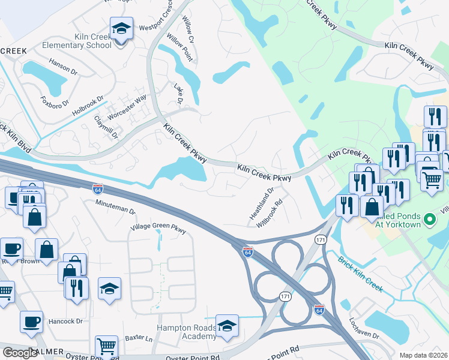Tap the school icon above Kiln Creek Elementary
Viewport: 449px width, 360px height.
(121, 28)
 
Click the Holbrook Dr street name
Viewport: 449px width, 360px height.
(88, 106)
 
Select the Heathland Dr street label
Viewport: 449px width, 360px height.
(262, 203)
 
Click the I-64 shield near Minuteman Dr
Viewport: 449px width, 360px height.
(97, 188)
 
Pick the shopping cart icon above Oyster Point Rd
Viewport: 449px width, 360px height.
(106, 346)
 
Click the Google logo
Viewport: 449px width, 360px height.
(20, 353)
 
